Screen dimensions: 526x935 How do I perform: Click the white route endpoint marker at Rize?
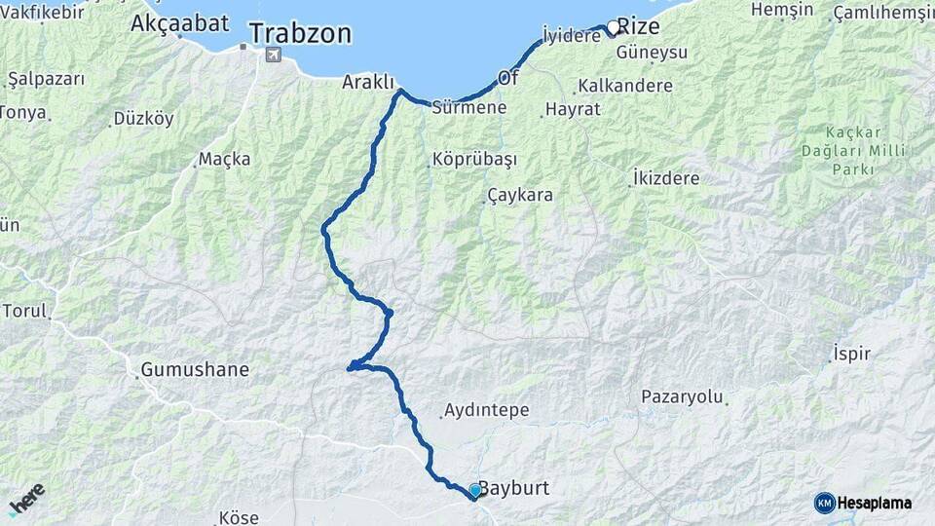point(613,27)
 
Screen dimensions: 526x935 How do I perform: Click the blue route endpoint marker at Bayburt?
point(474,490)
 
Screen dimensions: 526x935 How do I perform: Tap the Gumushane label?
point(195,370)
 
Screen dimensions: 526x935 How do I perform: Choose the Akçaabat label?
point(179,21)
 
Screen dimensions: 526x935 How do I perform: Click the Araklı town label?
point(368,83)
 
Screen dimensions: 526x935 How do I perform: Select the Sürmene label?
point(468,107)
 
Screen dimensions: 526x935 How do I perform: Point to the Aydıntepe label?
point(486,410)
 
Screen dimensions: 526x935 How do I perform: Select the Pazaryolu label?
point(683,396)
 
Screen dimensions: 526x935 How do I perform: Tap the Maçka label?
point(224,159)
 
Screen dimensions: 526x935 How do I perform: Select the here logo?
point(27,499)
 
